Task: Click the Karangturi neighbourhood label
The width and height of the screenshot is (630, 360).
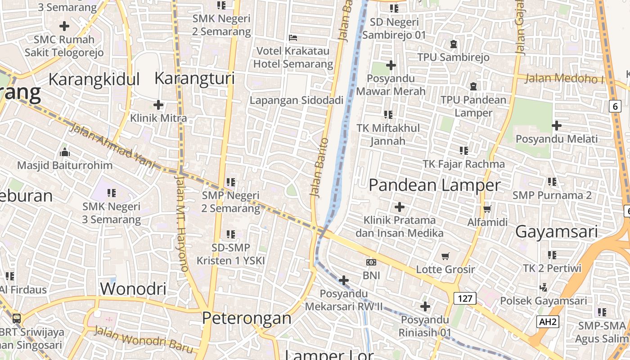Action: pos(194,78)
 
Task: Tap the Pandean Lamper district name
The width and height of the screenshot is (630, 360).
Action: pos(434,185)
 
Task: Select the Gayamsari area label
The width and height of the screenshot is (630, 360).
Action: pos(556,232)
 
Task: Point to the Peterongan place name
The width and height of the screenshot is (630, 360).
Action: pos(247,318)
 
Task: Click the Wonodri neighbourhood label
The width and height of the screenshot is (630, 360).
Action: pos(133,288)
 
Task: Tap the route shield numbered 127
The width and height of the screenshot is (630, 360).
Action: pos(465,298)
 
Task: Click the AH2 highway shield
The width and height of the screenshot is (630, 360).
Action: pos(548,321)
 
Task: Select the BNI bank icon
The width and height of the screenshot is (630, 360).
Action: pos(371,262)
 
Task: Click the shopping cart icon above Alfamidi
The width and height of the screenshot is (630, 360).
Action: pos(487,209)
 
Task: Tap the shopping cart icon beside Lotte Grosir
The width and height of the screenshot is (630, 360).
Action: pos(445,256)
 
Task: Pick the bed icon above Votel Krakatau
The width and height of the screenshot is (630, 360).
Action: pos(293,37)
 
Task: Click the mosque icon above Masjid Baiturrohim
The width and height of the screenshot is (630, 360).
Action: pos(64,152)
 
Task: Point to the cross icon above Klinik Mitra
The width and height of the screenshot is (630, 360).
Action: pos(158,105)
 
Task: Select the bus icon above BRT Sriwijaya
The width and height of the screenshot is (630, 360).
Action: pos(17,318)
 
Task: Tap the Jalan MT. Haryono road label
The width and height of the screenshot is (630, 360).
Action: pos(181,223)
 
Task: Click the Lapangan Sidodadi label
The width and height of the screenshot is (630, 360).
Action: pos(297,100)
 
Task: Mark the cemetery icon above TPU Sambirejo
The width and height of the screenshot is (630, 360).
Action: pos(453,44)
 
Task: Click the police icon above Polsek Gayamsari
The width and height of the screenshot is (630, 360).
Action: pos(543,287)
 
